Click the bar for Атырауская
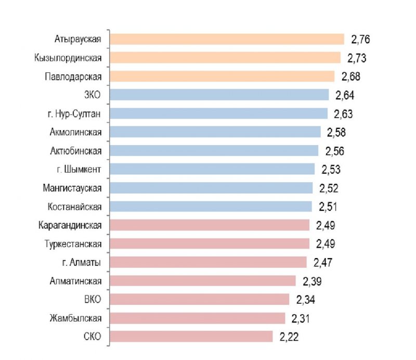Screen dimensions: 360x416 point(227,39)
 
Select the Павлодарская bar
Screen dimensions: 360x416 point(223,76)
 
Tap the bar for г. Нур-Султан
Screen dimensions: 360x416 point(219,113)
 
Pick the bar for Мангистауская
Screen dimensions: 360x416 point(212,188)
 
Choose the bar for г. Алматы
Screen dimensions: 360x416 point(209,262)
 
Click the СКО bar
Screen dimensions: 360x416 point(191,337)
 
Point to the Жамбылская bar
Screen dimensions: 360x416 point(198,318)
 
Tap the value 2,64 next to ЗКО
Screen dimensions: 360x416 point(345,95)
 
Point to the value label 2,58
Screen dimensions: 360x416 point(336,132)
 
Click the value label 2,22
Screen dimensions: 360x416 point(289,337)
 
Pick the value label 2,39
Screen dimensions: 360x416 point(312,281)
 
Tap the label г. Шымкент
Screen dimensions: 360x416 point(77,170)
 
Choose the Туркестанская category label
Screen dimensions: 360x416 point(73,244)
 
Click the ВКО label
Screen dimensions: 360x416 point(93,300)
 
